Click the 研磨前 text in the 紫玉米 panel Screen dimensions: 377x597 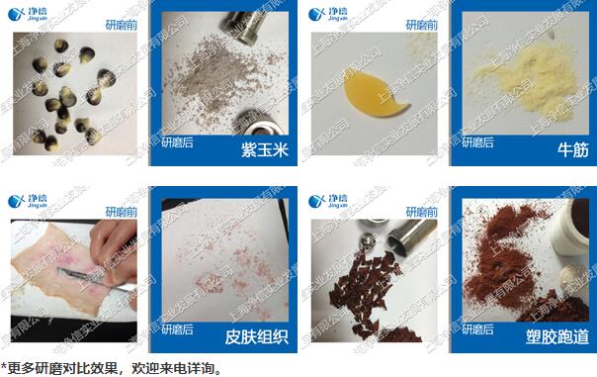point(124,21)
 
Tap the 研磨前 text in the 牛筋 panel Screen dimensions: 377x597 point(423,21)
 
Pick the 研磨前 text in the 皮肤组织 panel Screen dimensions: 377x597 point(124,210)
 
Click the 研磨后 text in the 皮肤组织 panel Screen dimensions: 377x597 point(179,333)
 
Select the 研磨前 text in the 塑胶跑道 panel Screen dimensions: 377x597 point(423,210)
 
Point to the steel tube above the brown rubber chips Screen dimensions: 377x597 point(402,236)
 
